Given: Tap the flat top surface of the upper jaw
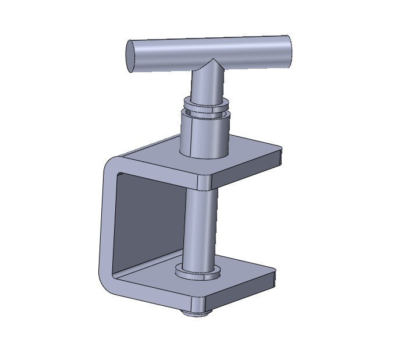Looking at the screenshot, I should coord(250,154).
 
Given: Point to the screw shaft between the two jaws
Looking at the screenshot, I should coord(200,227).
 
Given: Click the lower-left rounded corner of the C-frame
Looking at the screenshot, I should coord(108,280).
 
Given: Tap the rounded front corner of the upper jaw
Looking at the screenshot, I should coord(204,182).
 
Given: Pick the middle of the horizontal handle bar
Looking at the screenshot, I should coord(210,51).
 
